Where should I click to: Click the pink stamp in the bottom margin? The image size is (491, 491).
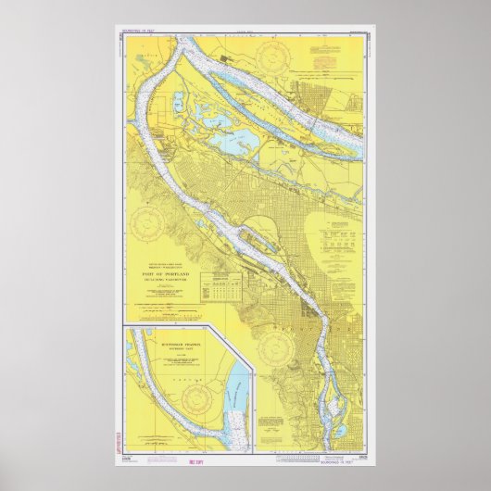[x=220, y=460]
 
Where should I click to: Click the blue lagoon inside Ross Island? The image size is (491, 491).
[x=329, y=408]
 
